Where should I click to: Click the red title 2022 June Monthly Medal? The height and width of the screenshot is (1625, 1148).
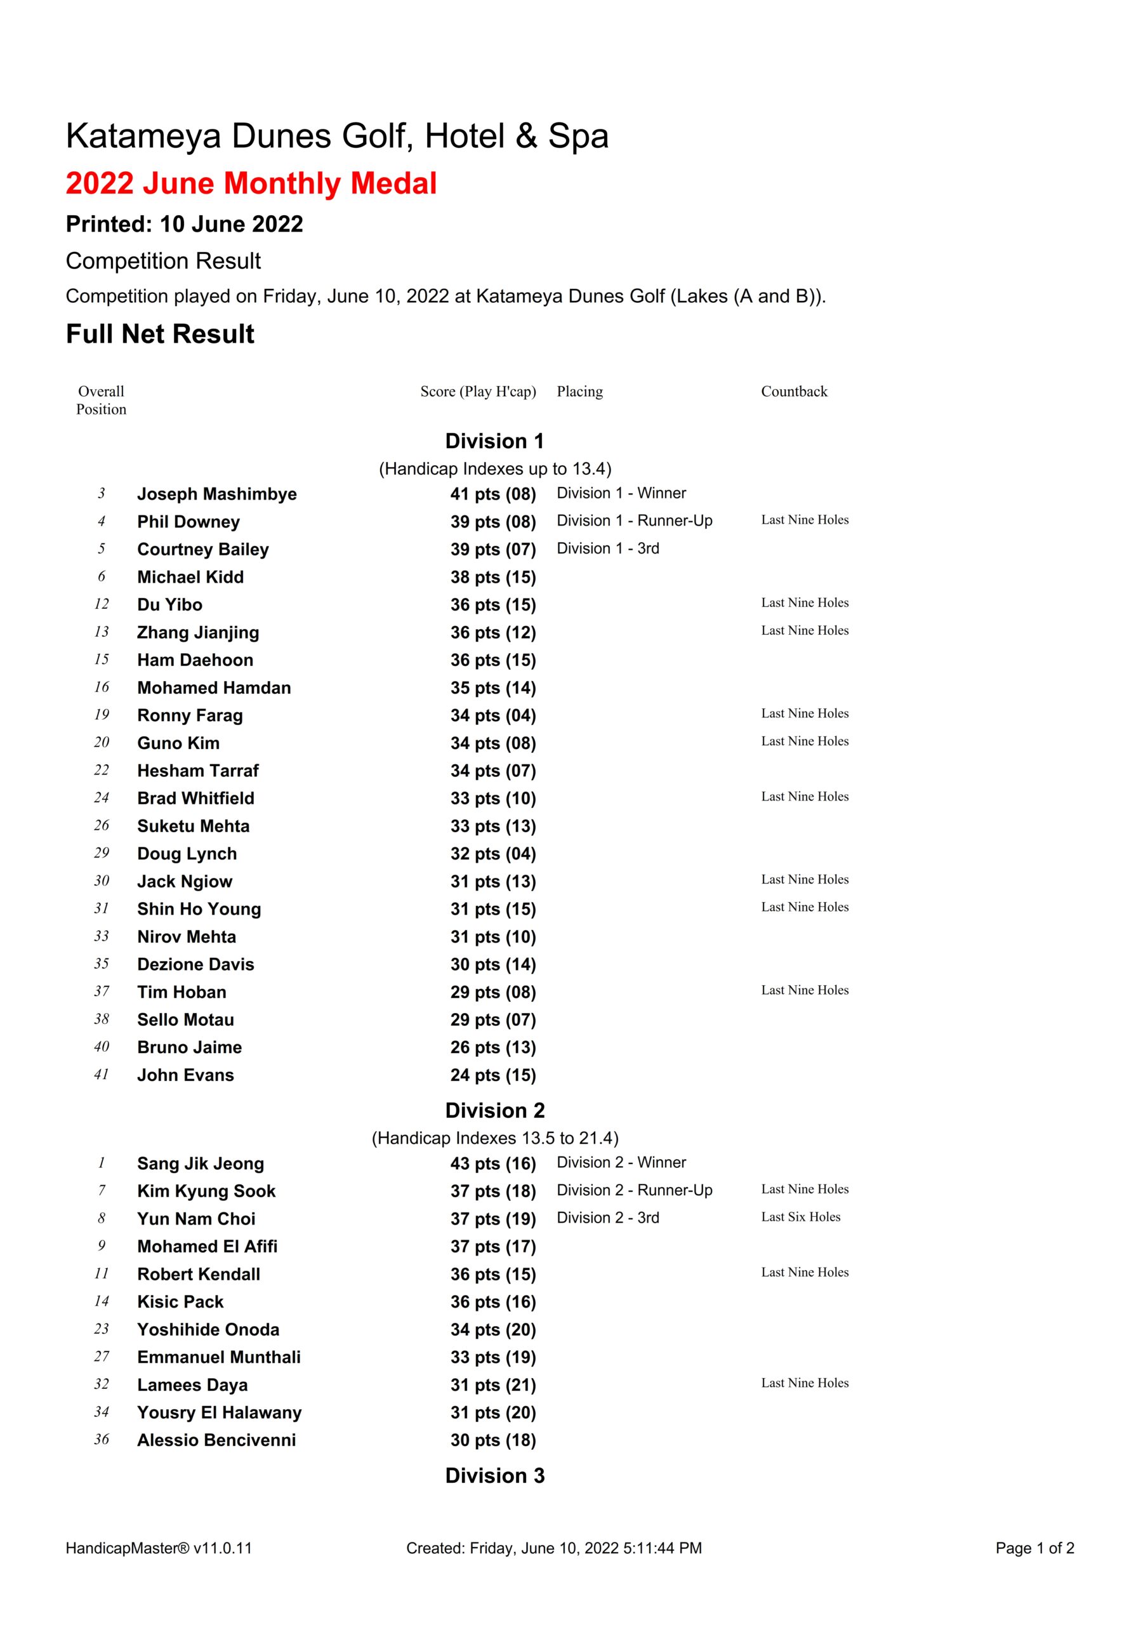251,183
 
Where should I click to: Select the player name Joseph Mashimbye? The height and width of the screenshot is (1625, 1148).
216,494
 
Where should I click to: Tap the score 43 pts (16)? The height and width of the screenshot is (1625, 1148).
492,1164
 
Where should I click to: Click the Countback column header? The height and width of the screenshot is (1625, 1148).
793,392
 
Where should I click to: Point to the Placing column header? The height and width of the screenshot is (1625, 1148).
579,392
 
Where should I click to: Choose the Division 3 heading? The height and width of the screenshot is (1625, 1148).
495,1476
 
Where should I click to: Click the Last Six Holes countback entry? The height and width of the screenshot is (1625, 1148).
800,1217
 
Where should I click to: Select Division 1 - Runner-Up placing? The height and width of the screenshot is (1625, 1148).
634,521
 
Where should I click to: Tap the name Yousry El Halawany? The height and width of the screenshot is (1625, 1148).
220,1413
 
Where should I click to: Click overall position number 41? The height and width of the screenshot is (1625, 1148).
101,1075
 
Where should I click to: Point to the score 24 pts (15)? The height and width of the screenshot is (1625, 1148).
492,1075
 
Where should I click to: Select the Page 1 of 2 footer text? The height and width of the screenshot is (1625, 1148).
1034,1549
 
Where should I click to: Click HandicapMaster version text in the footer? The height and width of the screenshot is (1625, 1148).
159,1549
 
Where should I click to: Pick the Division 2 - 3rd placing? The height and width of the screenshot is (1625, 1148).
607,1218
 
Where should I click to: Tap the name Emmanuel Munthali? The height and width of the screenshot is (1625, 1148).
219,1358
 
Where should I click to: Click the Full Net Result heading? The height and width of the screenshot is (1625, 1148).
160,334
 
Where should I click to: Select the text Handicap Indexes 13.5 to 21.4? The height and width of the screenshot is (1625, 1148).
495,1138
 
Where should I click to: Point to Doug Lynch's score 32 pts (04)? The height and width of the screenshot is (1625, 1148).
492,854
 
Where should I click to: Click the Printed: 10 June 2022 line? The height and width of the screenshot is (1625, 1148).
184,224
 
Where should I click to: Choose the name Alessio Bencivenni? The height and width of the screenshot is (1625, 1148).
216,1440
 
